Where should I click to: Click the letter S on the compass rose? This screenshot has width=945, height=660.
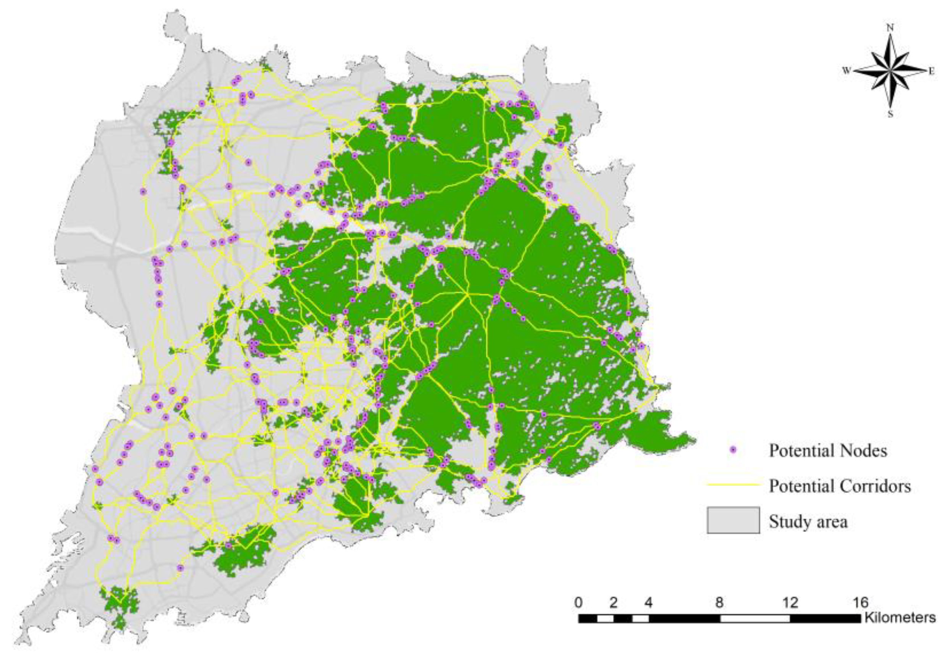coord(890,114)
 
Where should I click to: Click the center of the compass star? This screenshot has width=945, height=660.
coord(890,71)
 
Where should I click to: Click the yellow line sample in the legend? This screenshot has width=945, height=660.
coord(733,486)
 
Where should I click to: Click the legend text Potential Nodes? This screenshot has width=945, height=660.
coord(828,451)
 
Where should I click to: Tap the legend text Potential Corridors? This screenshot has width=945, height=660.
coord(840,486)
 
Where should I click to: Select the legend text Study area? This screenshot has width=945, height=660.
coord(808,522)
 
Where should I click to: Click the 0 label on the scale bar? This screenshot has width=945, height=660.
coord(579,603)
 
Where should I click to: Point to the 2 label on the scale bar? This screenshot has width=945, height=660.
coord(614,603)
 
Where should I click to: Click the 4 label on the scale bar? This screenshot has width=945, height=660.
coord(649,603)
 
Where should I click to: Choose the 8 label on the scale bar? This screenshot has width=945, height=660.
coord(720,603)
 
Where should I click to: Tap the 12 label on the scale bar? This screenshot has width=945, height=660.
coord(790,603)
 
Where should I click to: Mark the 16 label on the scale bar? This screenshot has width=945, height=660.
coord(860,603)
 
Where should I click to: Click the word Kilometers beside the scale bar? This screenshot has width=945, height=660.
coord(900,618)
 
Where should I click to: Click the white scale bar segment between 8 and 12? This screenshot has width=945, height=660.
coord(755,618)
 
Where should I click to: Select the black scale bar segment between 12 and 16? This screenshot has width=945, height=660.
coord(825,618)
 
